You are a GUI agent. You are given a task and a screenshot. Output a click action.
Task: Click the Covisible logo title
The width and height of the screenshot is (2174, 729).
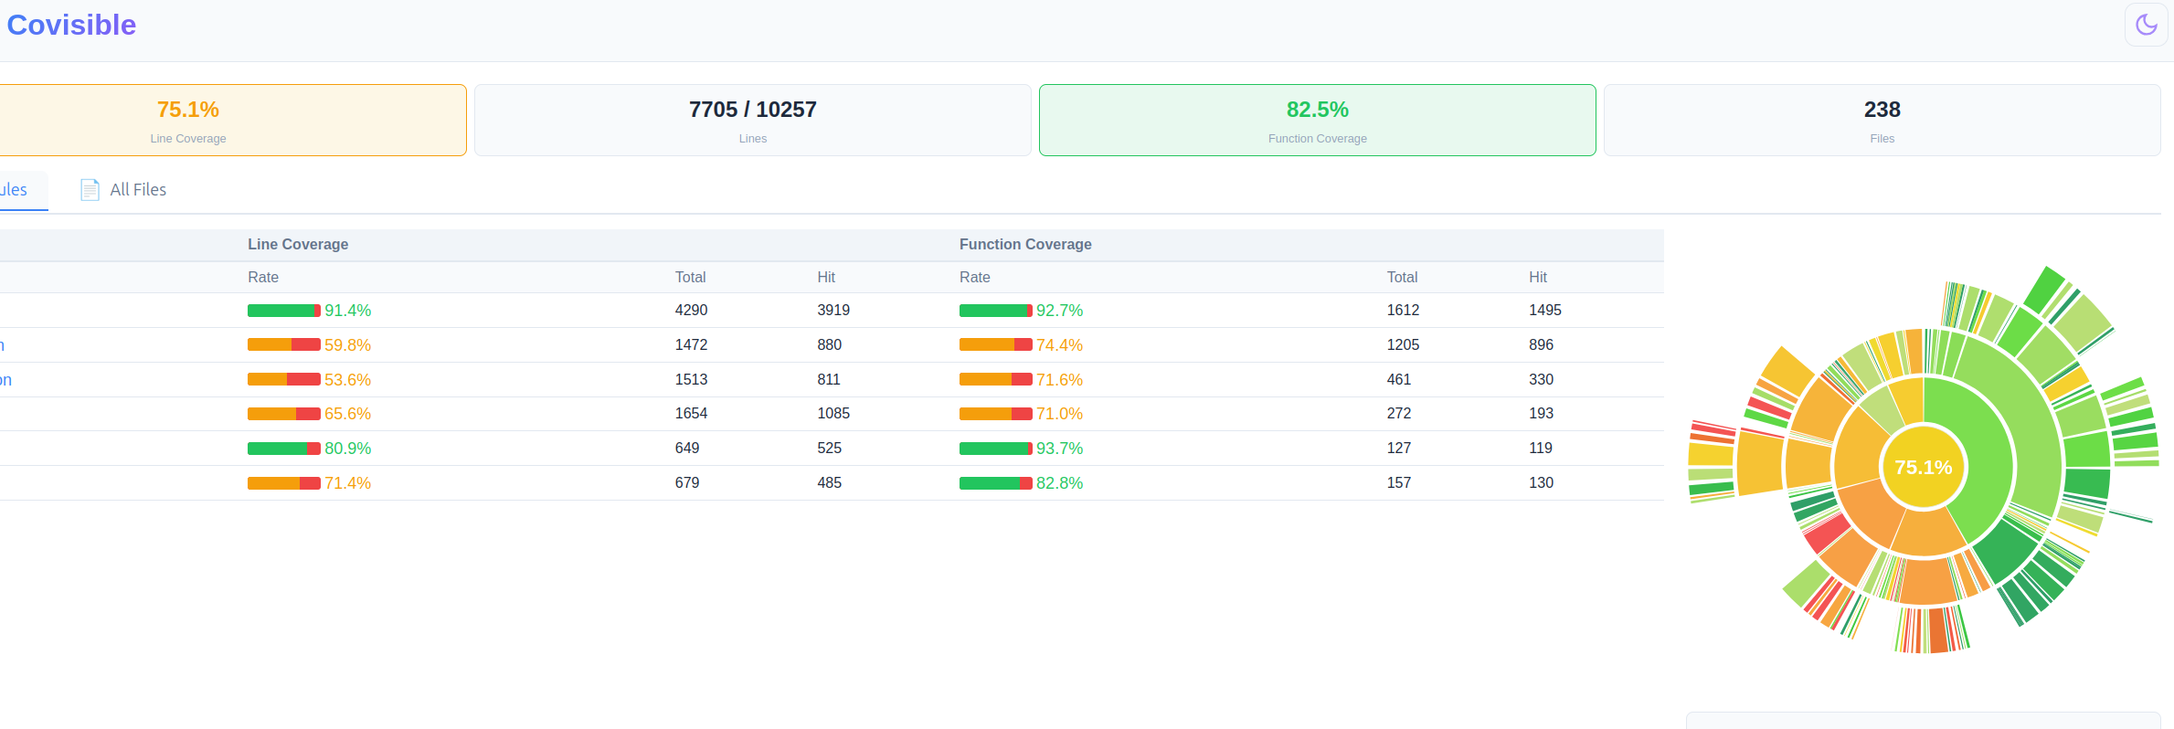click(x=71, y=25)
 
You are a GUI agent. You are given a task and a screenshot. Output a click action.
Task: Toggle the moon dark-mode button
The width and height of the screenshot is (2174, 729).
click(x=2146, y=25)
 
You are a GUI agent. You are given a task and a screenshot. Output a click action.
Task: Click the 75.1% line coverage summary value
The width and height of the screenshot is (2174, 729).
click(x=188, y=110)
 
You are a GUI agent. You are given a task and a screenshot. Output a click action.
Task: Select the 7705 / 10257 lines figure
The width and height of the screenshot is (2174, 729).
click(x=753, y=110)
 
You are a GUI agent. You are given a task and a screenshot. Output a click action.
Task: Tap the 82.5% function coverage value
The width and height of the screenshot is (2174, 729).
click(x=1318, y=110)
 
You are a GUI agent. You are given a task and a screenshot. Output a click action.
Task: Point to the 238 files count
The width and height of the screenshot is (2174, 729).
click(x=1882, y=110)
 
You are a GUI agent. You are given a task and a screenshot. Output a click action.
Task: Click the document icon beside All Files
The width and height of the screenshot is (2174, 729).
click(x=90, y=190)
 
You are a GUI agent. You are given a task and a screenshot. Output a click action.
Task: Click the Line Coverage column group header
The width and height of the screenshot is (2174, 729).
click(x=298, y=245)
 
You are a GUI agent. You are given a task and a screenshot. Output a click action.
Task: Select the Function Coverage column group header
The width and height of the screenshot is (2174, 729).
click(x=1025, y=245)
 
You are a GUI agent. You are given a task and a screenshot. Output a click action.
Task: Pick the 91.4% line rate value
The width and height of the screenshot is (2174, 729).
click(x=348, y=311)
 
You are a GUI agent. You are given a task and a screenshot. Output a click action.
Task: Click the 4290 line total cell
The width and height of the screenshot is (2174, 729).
click(x=692, y=311)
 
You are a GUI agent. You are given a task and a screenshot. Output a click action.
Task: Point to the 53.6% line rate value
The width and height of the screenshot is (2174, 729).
click(x=348, y=380)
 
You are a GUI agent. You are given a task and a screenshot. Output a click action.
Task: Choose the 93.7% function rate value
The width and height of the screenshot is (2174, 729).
click(x=1060, y=449)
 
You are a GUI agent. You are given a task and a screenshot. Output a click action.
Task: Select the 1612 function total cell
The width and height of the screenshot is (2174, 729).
click(x=1404, y=311)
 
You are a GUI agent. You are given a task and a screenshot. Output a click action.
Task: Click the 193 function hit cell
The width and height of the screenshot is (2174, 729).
click(x=1542, y=414)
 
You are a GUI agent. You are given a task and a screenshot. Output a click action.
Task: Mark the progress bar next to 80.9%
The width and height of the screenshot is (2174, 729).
click(x=284, y=449)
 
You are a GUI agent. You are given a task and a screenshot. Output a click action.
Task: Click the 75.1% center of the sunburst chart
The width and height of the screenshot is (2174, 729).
click(x=1924, y=468)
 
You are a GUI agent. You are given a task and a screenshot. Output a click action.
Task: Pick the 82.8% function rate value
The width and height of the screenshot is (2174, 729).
click(x=1060, y=483)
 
